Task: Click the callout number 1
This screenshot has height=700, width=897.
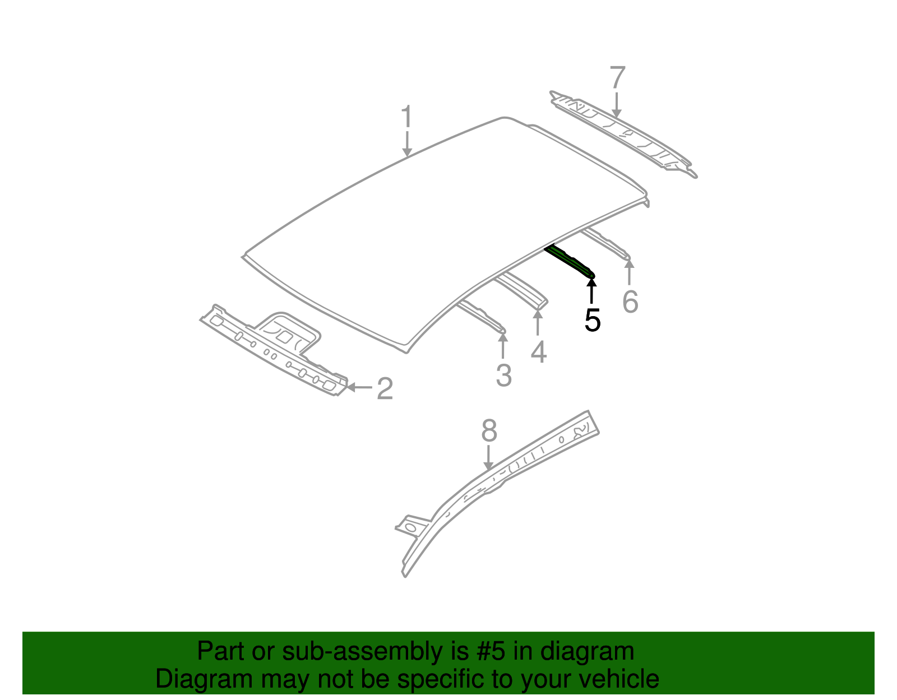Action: click(x=406, y=118)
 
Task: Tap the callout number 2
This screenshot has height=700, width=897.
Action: click(x=385, y=388)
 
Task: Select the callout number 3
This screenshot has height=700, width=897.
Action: click(x=503, y=376)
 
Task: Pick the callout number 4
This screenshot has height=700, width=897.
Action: click(x=538, y=352)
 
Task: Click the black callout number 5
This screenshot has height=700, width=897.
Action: click(x=592, y=321)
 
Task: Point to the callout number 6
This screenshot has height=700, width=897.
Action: click(x=630, y=302)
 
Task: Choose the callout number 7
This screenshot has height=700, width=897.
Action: click(x=617, y=77)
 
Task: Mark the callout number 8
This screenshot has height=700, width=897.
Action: click(x=489, y=432)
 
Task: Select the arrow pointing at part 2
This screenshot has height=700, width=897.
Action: click(x=359, y=387)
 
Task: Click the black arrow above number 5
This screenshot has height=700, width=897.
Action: click(x=591, y=290)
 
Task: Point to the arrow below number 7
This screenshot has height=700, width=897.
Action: click(x=617, y=105)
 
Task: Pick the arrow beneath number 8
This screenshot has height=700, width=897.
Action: click(x=489, y=457)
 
